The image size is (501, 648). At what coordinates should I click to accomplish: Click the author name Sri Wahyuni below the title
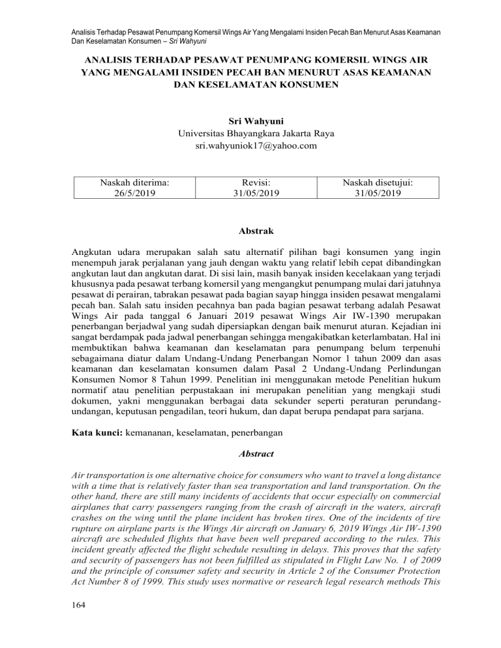pos(250,121)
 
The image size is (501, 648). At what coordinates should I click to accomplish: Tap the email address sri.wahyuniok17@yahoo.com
pos(250,147)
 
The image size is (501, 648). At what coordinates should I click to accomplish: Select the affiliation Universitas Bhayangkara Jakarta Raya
pos(250,134)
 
